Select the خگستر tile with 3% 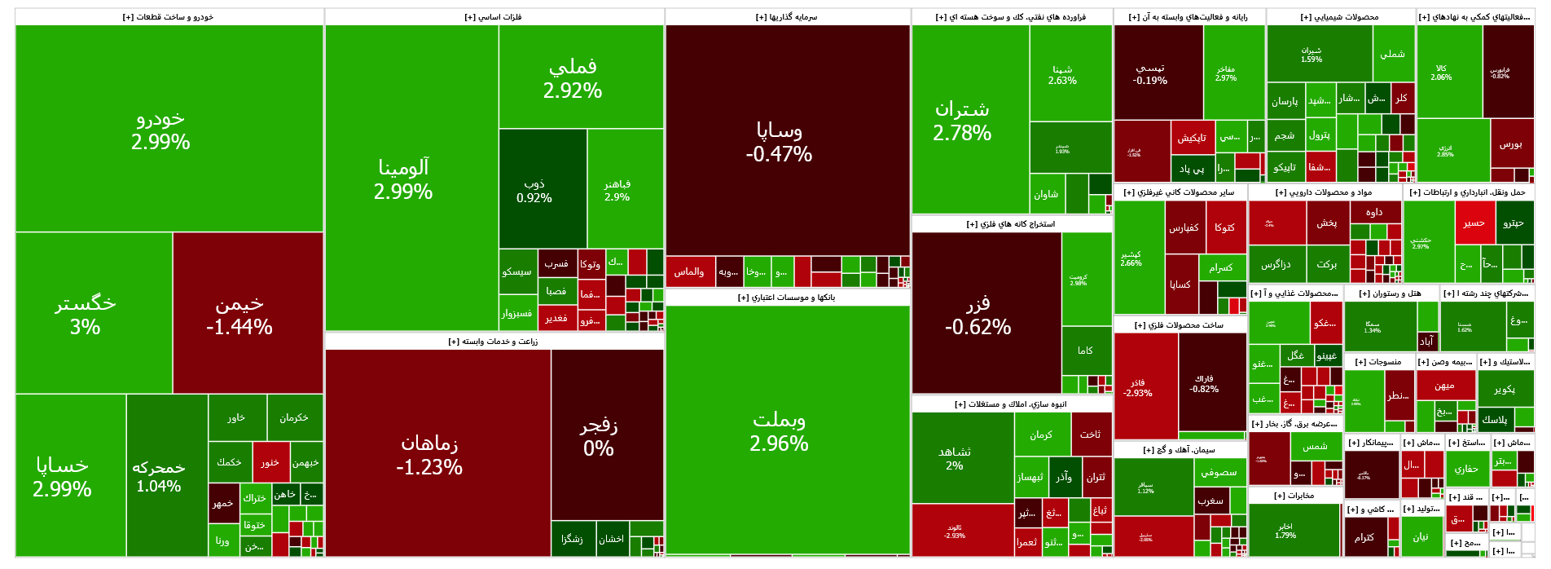tap(86, 315)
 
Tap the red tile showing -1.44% tap(239, 315)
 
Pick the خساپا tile tap(62, 477)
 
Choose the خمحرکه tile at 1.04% tap(159, 476)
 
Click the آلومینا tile tap(403, 179)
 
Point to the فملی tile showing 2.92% tap(573, 78)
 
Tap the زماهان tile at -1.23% tap(429, 455)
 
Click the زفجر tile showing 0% tap(599, 436)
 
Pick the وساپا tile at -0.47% tap(780, 142)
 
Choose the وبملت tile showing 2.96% tap(780, 431)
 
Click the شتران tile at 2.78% tap(962, 121)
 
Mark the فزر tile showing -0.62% tap(978, 315)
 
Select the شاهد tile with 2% tap(955, 458)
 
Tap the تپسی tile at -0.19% tap(1150, 74)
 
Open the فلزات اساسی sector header tap(494, 17)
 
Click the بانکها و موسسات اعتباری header tap(787, 298)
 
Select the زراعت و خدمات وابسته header tap(494, 342)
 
